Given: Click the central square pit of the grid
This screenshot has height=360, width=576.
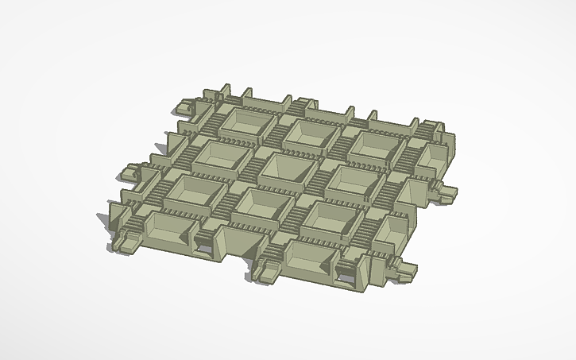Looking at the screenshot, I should coord(280,168).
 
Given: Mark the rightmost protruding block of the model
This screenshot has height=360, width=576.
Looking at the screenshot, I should coord(445,189).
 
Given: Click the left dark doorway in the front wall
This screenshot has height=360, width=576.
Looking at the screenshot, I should coord(205,249).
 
